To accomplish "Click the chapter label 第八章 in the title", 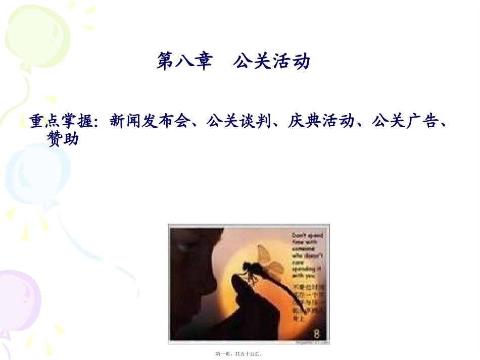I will [183, 62].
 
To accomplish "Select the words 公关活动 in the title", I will [271, 62].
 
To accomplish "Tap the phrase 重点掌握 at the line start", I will [61, 121].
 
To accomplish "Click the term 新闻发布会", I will [149, 121].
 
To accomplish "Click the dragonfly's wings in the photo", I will [268, 258].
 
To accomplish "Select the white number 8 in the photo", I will [317, 333].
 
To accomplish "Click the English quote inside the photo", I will [306, 255].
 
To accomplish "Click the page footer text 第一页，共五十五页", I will [239, 354].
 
